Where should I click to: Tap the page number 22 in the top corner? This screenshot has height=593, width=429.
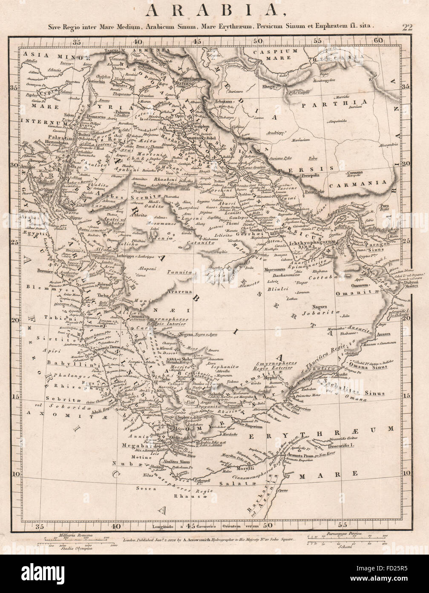coord(407,28)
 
